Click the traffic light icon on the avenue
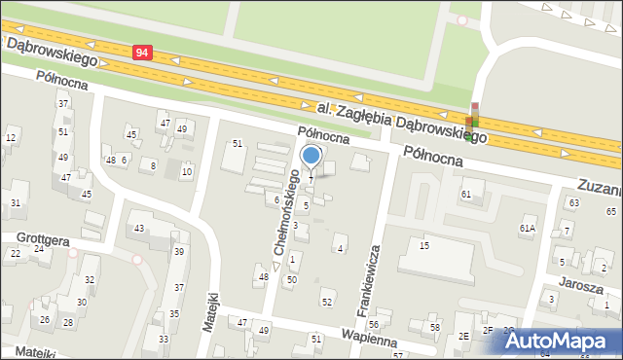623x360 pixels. click(473, 121)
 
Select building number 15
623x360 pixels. click(423, 245)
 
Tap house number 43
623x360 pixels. click(139, 229)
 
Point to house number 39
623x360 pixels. click(178, 251)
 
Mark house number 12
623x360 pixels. click(11, 137)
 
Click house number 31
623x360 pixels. click(16, 202)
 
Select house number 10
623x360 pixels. click(187, 172)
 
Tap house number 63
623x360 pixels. click(573, 202)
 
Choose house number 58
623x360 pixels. click(435, 328)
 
